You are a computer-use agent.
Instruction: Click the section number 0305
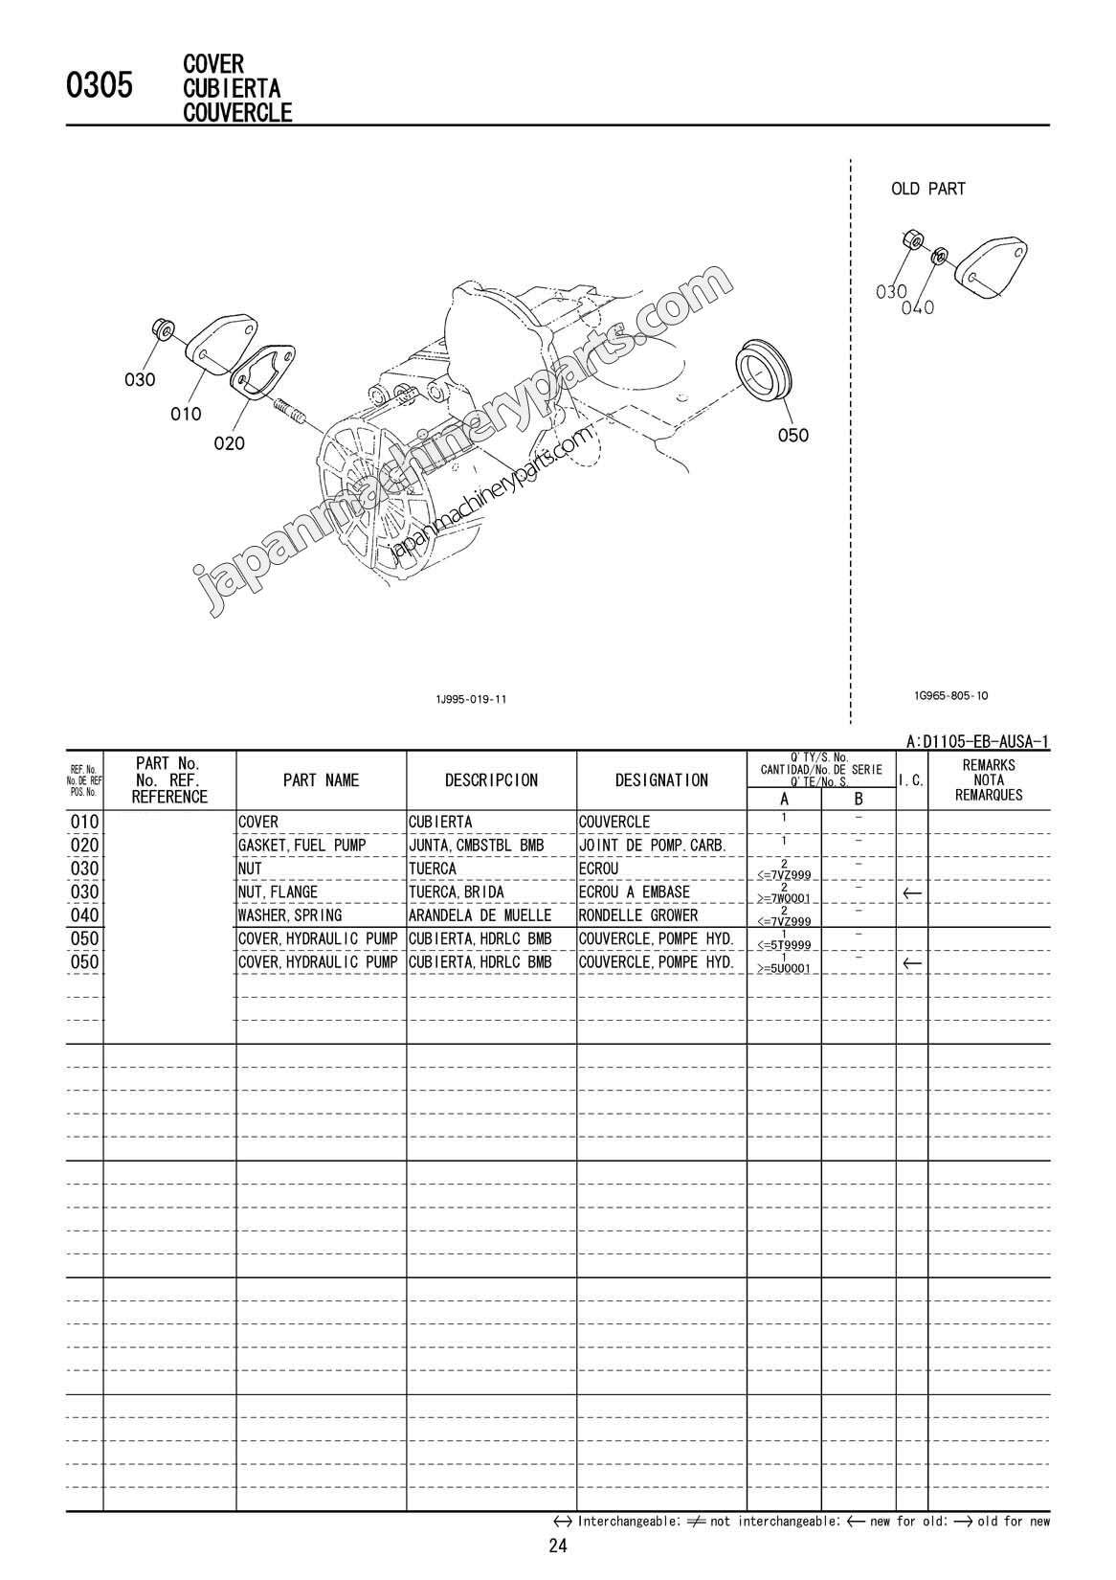pos(99,87)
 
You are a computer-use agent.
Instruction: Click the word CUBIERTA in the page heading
pos(231,88)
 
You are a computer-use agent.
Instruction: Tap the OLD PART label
pos(927,189)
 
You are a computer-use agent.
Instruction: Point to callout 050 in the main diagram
pos(792,435)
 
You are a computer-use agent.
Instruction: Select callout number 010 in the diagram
pos(186,414)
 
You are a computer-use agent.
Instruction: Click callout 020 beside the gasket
pos(229,442)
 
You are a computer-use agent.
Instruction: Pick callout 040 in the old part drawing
pos(917,308)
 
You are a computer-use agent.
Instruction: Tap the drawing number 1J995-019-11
pos(470,699)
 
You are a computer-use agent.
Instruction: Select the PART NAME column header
pos(321,780)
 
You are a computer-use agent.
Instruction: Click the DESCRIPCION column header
pos(491,780)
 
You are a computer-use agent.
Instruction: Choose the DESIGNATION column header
pos(661,780)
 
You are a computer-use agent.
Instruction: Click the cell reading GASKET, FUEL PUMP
pos(301,846)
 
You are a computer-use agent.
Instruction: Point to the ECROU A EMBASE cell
pos(634,892)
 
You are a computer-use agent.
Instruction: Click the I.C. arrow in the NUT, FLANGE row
pos(912,892)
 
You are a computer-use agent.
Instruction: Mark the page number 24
pos(558,1545)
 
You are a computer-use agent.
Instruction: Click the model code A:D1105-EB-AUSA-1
pos(976,741)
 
